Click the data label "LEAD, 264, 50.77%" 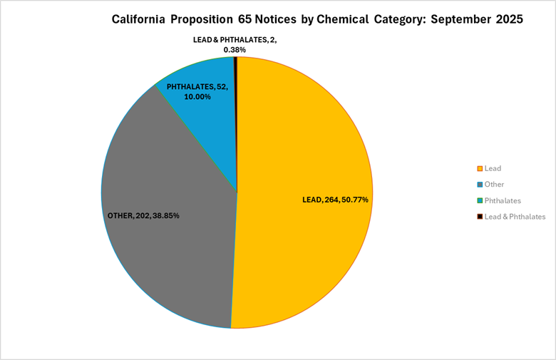(x=335, y=200)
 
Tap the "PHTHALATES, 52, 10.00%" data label (x=197, y=91)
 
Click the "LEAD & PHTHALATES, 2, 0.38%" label (x=235, y=45)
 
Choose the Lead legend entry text (x=493, y=168)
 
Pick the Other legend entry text (x=494, y=184)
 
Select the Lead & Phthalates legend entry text (x=515, y=216)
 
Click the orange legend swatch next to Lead (x=479, y=169)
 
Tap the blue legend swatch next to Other (x=479, y=185)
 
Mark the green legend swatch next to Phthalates (x=479, y=200)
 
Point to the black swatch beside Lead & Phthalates (x=479, y=216)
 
